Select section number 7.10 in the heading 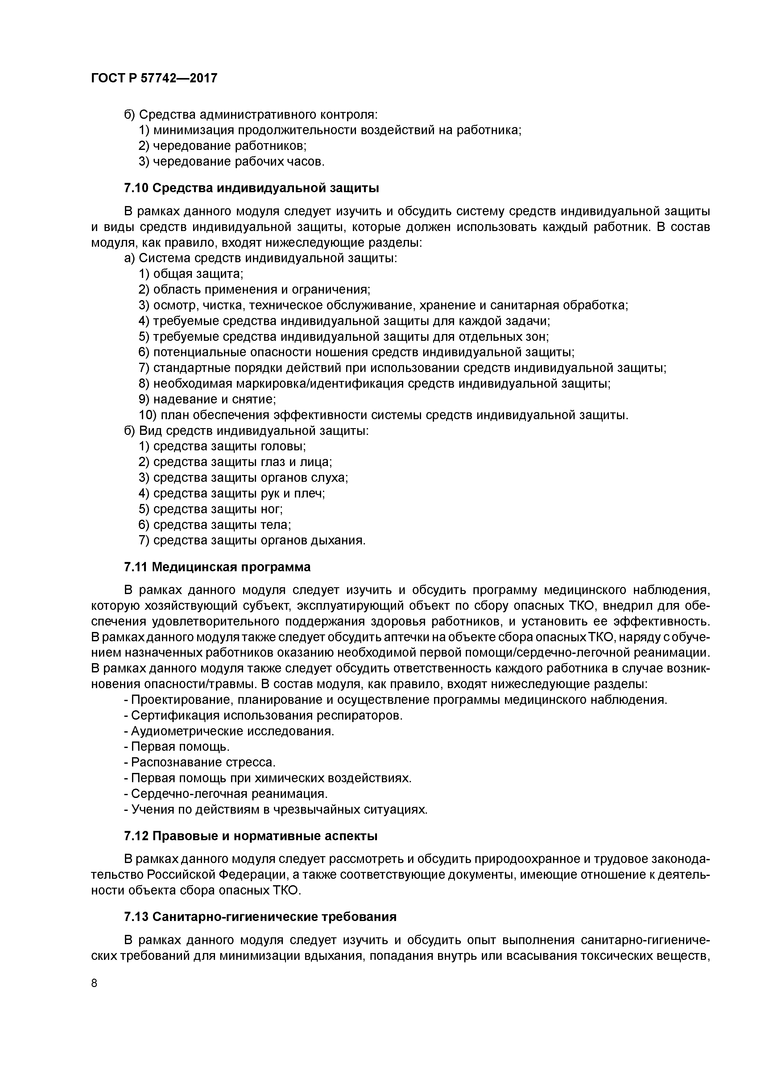(136, 188)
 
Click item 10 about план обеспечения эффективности (383, 415)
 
